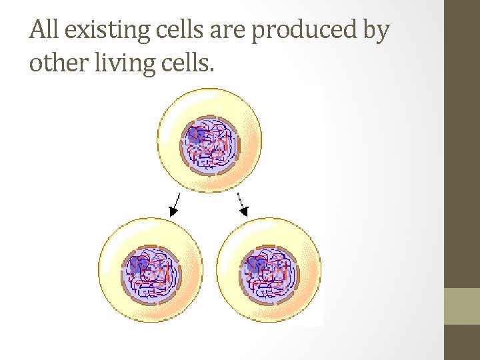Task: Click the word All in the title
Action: [45, 30]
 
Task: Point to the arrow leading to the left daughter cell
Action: [175, 204]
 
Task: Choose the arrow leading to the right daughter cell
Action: [243, 204]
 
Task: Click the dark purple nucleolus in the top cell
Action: [195, 135]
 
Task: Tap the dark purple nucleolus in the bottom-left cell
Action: [137, 265]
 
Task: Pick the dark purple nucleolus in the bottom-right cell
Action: [255, 265]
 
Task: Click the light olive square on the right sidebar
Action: [461, 306]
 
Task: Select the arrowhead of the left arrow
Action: [173, 211]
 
